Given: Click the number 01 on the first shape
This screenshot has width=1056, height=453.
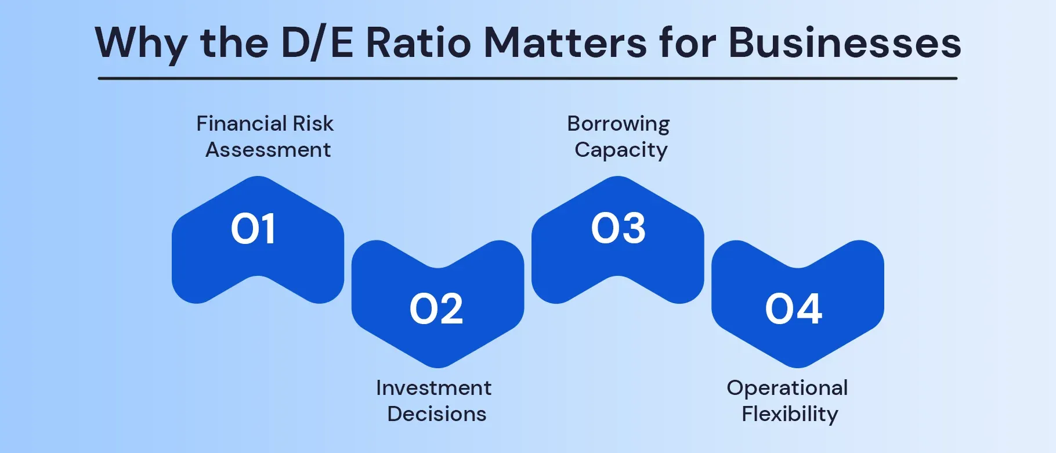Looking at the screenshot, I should (x=253, y=229).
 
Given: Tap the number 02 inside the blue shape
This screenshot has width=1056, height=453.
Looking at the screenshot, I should (x=436, y=309).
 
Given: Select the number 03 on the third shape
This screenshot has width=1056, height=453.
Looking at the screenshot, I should (x=618, y=228).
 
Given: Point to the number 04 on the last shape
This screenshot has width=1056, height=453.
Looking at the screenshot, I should (x=793, y=309).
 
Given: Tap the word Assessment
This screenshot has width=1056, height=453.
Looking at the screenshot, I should (x=268, y=150).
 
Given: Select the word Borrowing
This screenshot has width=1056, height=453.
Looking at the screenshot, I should (x=618, y=124).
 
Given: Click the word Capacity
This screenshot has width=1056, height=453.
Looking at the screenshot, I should (x=621, y=150).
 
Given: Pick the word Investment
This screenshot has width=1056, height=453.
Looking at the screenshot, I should (x=433, y=388).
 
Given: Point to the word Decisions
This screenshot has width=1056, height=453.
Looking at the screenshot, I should (x=437, y=414).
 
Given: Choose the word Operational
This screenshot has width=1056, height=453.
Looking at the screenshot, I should (x=787, y=388).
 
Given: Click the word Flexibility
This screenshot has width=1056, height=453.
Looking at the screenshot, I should (x=790, y=415).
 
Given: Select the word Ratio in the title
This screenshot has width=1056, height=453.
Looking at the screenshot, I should (x=418, y=44).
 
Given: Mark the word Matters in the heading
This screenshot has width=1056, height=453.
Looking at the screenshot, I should (x=565, y=44).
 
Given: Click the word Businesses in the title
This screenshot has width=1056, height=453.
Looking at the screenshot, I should (x=844, y=44).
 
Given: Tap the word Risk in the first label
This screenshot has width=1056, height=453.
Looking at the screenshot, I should (x=313, y=124).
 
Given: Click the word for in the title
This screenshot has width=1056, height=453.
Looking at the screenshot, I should (x=688, y=44).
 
